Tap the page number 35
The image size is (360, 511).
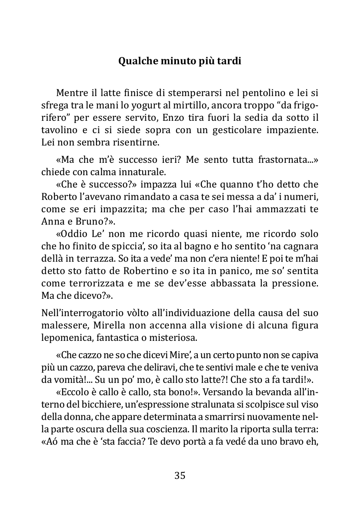[180, 475]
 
